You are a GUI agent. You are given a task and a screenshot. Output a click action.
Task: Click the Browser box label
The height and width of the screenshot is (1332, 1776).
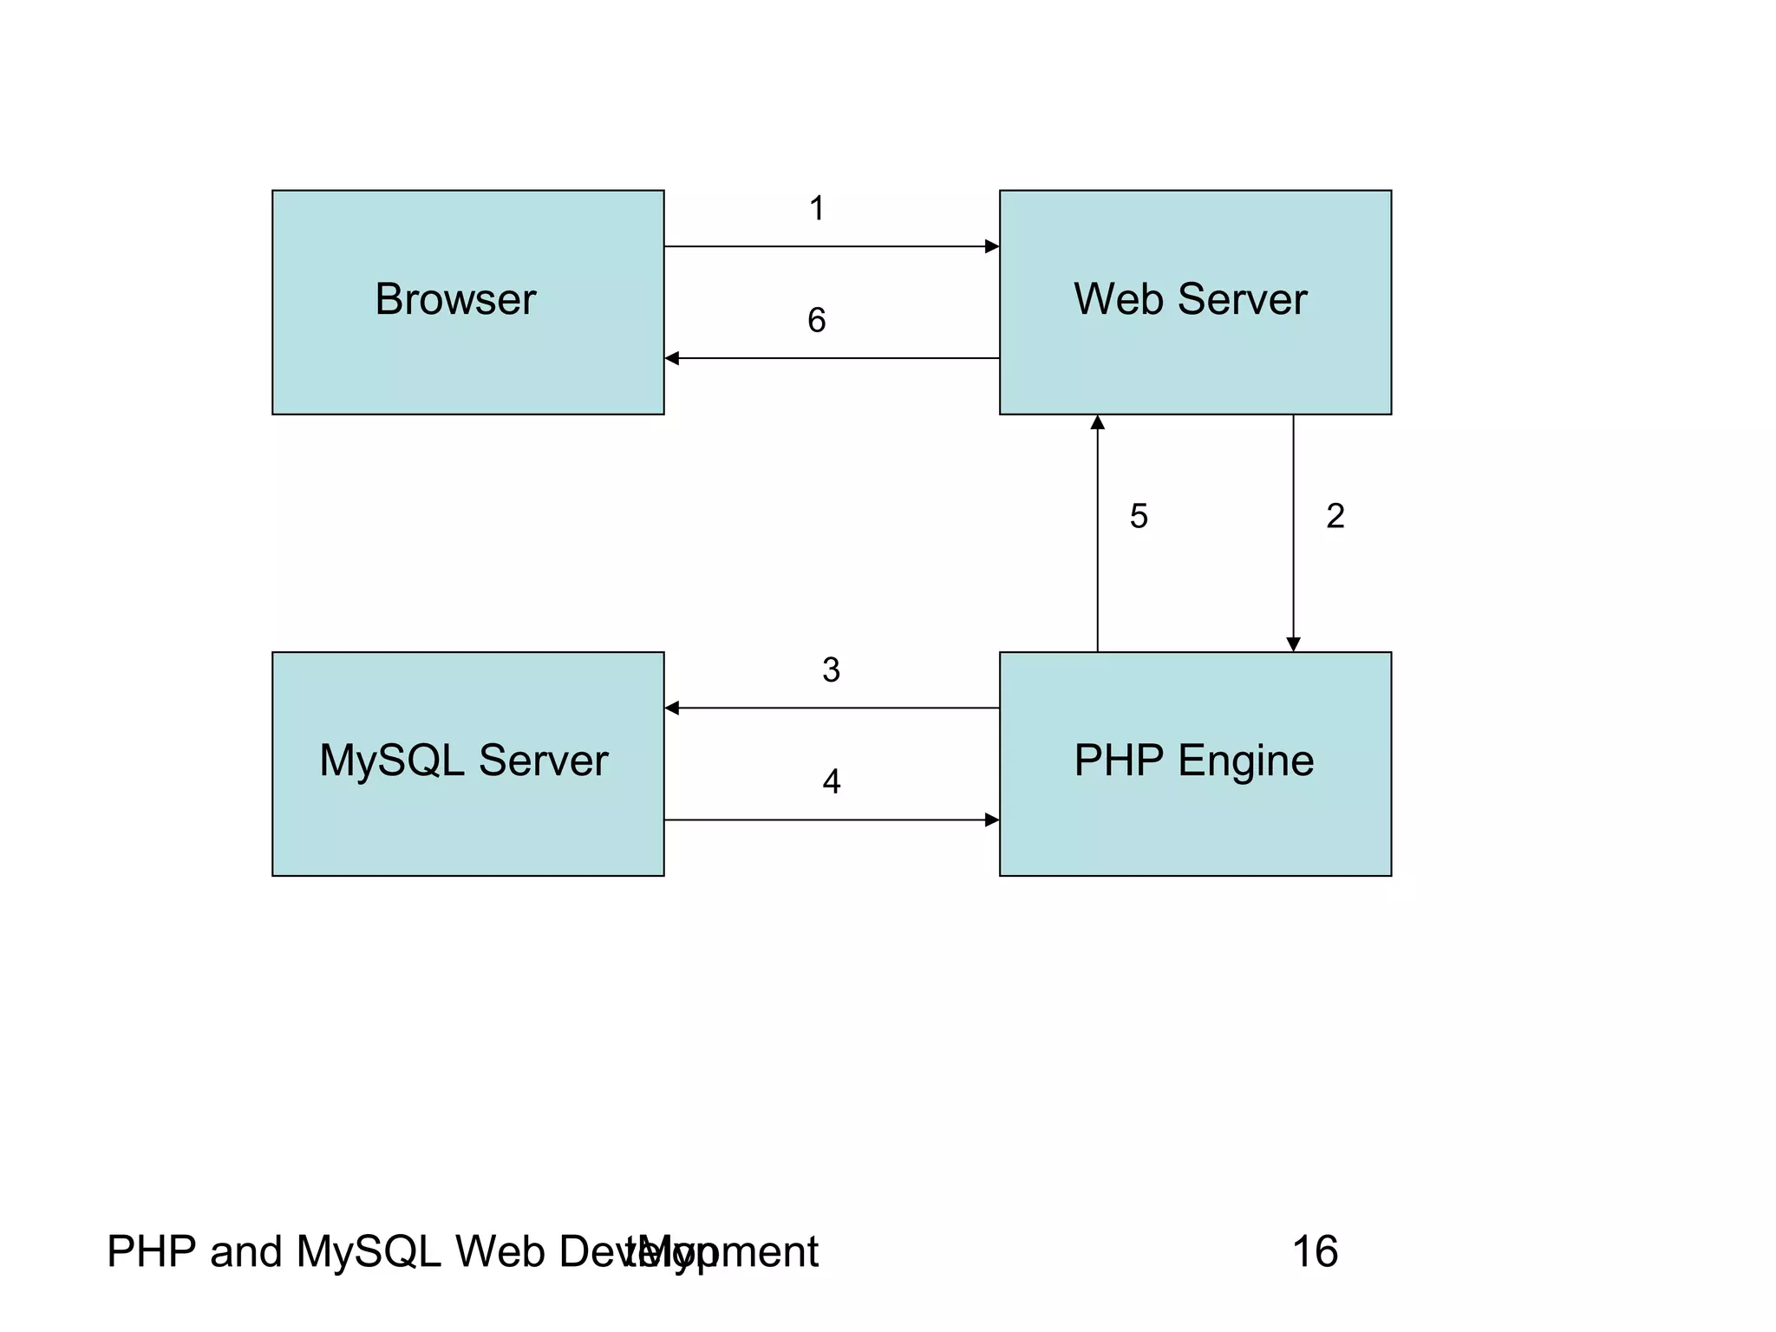click(x=455, y=300)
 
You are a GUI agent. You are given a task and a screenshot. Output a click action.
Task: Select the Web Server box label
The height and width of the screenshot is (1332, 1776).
click(x=1190, y=300)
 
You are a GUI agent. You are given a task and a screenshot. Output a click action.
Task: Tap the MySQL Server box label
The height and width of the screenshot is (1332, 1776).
click(x=463, y=761)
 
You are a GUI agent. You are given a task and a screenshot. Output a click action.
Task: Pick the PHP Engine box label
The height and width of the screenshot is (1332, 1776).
click(x=1193, y=761)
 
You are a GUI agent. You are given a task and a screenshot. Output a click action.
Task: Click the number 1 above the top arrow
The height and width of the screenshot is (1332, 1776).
click(x=816, y=209)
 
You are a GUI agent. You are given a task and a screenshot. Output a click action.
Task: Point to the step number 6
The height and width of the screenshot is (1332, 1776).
click(x=816, y=321)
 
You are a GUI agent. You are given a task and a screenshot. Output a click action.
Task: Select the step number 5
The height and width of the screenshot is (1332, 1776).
click(x=1139, y=517)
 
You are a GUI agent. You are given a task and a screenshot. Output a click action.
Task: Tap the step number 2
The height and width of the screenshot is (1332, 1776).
click(x=1335, y=517)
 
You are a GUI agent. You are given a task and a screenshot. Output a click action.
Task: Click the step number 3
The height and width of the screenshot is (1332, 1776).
click(x=831, y=670)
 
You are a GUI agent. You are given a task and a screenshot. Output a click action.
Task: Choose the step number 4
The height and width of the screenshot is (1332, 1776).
click(x=831, y=782)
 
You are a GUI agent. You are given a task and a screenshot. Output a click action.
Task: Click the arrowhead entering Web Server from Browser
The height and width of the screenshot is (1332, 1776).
click(x=992, y=246)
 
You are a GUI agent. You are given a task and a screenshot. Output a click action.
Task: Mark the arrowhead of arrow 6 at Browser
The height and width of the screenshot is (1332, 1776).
click(x=672, y=358)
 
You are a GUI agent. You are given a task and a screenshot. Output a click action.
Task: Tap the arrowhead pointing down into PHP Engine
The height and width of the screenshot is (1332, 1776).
click(x=1293, y=644)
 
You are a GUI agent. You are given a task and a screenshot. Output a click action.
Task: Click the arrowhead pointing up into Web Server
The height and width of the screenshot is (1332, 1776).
click(x=1097, y=422)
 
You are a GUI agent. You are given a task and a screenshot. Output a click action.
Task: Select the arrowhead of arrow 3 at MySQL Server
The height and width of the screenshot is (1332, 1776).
click(x=672, y=708)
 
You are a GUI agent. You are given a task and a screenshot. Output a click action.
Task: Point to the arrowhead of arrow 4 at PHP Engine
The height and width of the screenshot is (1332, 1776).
click(x=992, y=819)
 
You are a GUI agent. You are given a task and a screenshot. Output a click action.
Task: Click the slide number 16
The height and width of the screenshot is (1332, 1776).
click(x=1315, y=1252)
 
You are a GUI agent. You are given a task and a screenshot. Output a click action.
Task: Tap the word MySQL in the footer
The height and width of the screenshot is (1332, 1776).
click(x=369, y=1252)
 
